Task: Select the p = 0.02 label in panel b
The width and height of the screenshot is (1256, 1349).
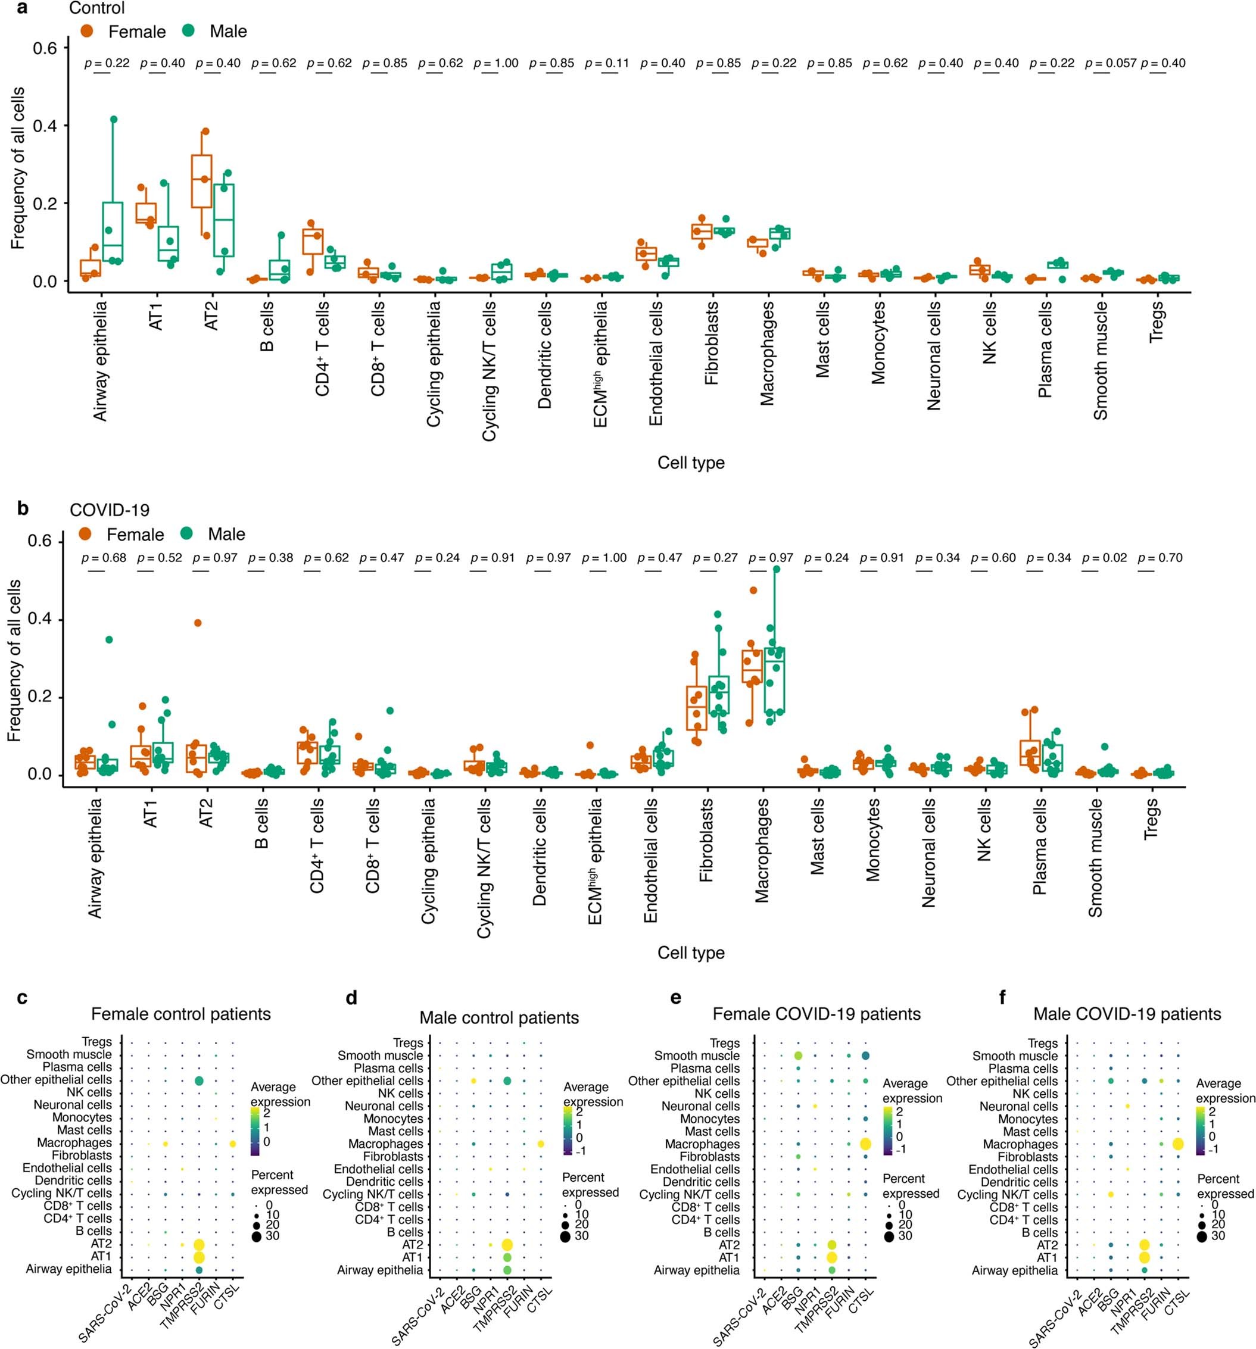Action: pyautogui.click(x=1104, y=558)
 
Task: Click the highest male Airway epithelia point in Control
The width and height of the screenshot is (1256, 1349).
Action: pyautogui.click(x=113, y=120)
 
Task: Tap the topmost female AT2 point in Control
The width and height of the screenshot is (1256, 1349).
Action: pyautogui.click(x=205, y=132)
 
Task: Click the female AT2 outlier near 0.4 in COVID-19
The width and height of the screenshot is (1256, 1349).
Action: pyautogui.click(x=198, y=623)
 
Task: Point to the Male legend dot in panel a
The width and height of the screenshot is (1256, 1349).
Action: pyautogui.click(x=189, y=30)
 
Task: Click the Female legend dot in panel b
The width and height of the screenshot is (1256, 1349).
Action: pyautogui.click(x=86, y=534)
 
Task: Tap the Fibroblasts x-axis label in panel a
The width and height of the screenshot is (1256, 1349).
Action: pyautogui.click(x=712, y=344)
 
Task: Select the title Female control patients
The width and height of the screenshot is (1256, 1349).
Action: pyautogui.click(x=180, y=1014)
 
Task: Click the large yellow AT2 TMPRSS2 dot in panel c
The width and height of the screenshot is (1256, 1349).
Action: pyautogui.click(x=199, y=1244)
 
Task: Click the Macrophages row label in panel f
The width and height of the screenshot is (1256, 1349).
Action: pyautogui.click(x=1020, y=1144)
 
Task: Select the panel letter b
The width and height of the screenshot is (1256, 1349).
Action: pyautogui.click(x=23, y=508)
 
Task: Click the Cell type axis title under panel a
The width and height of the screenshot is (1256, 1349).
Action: pyautogui.click(x=690, y=463)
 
